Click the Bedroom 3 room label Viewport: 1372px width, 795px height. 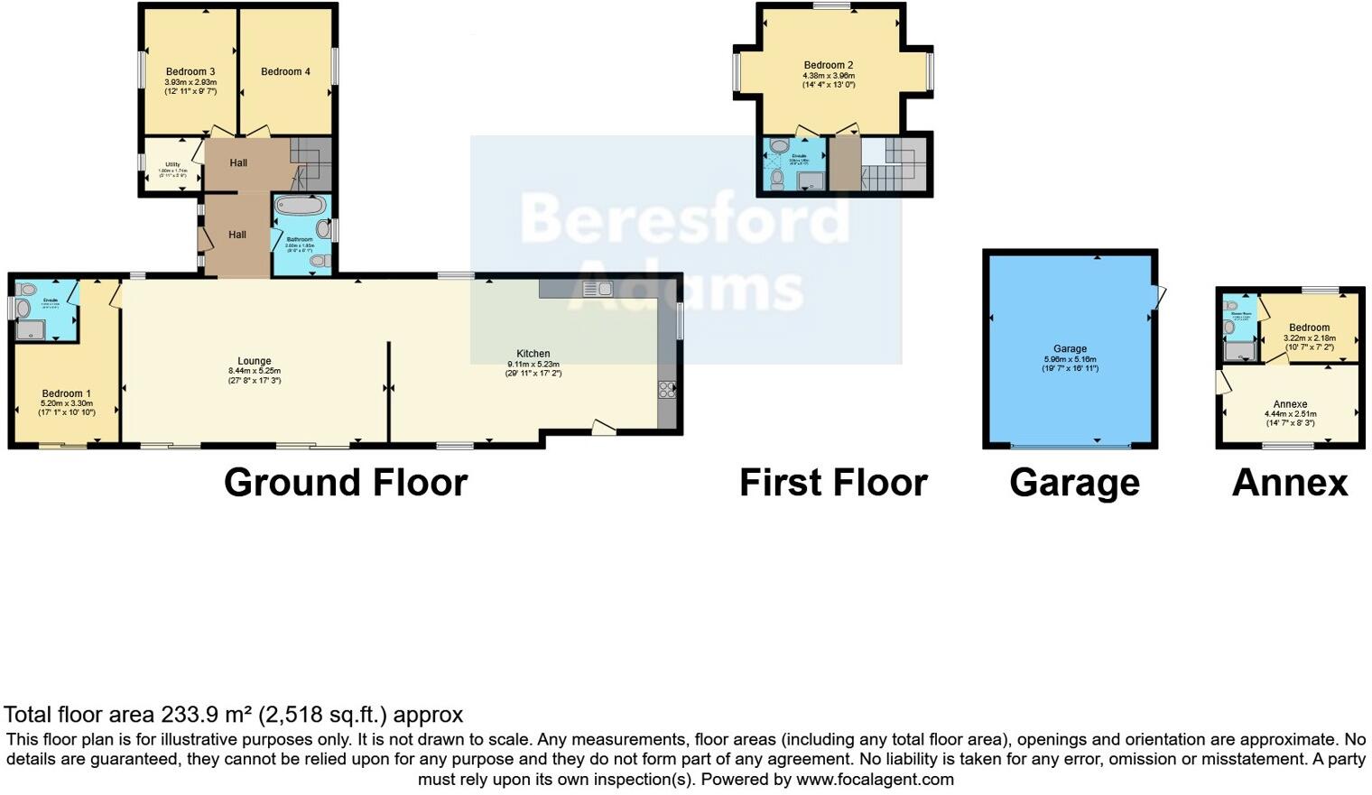click(x=190, y=72)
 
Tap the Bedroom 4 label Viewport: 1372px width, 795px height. click(x=285, y=72)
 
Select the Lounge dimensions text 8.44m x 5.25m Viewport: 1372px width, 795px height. click(x=254, y=371)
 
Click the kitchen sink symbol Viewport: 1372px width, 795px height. click(x=597, y=289)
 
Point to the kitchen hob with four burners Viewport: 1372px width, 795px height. click(x=667, y=390)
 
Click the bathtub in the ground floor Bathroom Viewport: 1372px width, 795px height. click(x=301, y=206)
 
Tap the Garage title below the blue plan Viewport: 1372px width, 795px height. click(x=1074, y=483)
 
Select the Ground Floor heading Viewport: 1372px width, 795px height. click(x=346, y=483)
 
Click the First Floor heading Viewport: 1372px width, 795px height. click(x=833, y=483)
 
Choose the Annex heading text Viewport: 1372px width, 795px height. click(x=1289, y=483)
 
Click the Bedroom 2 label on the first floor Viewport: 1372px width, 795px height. click(x=828, y=65)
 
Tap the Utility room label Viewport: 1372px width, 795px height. click(x=172, y=164)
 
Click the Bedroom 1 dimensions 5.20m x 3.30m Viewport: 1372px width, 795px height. click(x=67, y=403)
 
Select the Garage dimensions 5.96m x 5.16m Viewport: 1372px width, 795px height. click(x=1070, y=359)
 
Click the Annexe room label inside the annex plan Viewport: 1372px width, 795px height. click(x=1290, y=404)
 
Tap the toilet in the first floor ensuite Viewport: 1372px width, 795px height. click(x=777, y=177)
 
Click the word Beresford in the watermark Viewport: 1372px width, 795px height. click(x=684, y=218)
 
